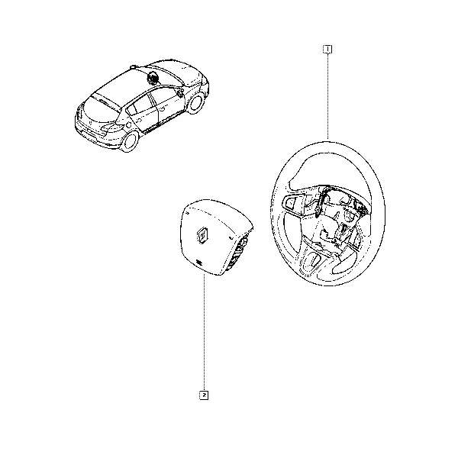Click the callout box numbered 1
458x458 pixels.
pos(327,50)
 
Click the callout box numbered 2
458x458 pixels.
pos(204,395)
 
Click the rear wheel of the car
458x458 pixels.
pos(130,142)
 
